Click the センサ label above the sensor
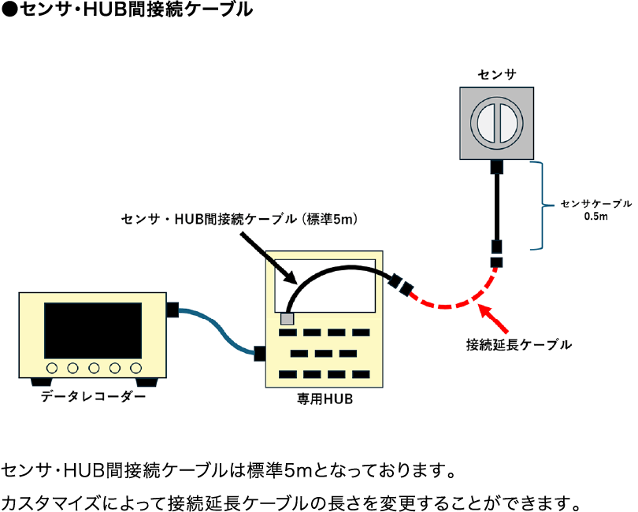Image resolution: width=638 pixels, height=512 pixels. coord(496,75)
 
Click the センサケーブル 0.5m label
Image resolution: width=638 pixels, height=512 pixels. coord(595,209)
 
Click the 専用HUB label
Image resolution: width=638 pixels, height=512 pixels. coord(325,399)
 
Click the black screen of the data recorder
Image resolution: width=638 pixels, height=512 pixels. coord(93,328)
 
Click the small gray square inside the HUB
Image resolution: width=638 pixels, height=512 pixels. coord(287,318)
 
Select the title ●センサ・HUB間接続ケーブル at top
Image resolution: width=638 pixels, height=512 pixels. coord(127,10)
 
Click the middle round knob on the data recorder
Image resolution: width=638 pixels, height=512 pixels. coord(93,367)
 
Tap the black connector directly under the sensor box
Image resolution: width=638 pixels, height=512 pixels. coord(497,166)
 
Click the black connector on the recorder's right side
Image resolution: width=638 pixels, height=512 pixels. coord(173,310)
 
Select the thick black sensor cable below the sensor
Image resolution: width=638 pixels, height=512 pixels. coord(497,205)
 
